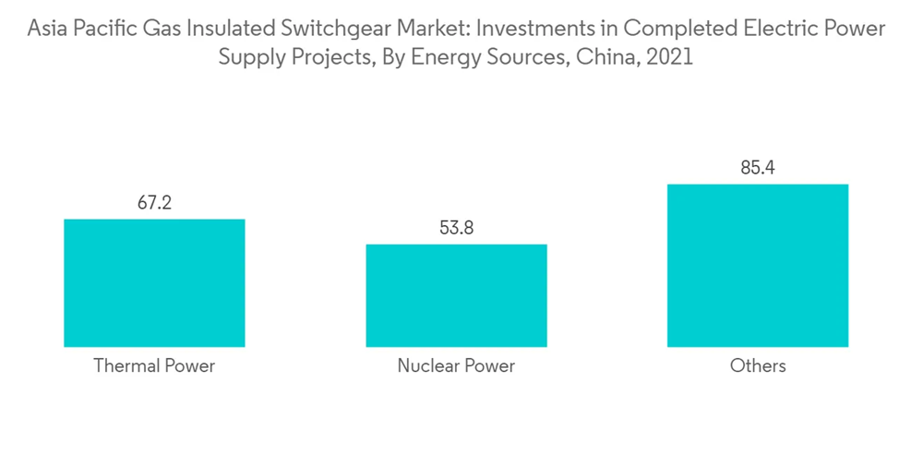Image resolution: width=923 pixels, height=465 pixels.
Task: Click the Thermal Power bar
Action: [x=154, y=282]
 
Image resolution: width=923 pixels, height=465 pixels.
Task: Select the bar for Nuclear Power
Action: [x=456, y=295]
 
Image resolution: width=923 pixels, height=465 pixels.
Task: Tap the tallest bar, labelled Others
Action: [x=757, y=265]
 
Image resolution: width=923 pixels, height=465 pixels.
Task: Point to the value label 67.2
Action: [x=154, y=203]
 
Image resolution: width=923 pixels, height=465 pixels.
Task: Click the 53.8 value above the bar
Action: [x=456, y=228]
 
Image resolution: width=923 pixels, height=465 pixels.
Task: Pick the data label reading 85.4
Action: [x=757, y=168]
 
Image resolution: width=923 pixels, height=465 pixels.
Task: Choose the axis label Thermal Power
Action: [x=154, y=365]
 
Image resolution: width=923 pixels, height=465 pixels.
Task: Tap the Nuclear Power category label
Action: [x=456, y=365]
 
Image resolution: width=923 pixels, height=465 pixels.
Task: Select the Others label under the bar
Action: [x=757, y=365]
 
